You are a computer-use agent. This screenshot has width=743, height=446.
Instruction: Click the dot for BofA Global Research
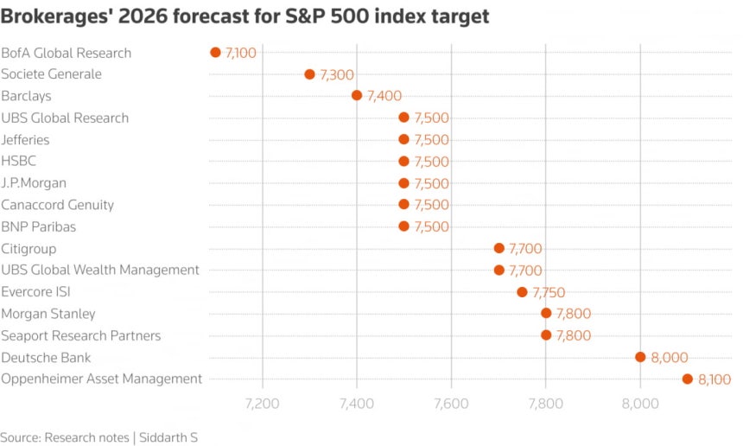[x=215, y=53]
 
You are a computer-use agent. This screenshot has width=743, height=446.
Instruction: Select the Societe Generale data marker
[x=309, y=74]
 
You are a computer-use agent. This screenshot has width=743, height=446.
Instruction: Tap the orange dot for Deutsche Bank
[x=640, y=357]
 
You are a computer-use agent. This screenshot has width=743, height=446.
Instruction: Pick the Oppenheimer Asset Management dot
[x=688, y=379]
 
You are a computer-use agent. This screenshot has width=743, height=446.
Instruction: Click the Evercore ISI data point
[x=522, y=292]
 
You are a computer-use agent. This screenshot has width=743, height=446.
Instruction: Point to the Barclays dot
[x=357, y=96]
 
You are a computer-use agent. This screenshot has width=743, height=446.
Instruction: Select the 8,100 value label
[x=714, y=379]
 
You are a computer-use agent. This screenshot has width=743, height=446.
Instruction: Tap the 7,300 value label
[x=336, y=75]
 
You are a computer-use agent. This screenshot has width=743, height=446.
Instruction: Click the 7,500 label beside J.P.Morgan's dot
[x=431, y=183]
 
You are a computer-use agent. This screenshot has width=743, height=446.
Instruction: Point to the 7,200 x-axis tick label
[x=263, y=403]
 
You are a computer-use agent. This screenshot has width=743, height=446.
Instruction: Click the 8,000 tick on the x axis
[x=640, y=403]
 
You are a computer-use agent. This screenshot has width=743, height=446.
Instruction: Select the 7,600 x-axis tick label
[x=451, y=403]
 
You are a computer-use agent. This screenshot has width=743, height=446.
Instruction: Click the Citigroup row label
[x=30, y=248]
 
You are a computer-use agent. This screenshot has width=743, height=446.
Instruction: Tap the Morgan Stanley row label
[x=48, y=314]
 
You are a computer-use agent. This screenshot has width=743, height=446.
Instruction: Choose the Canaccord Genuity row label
[x=58, y=205]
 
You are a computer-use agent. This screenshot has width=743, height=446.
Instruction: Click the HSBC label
[x=19, y=161]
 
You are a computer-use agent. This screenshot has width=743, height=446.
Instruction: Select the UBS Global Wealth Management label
[x=100, y=270]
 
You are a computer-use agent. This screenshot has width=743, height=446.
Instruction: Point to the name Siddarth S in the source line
[x=168, y=437]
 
